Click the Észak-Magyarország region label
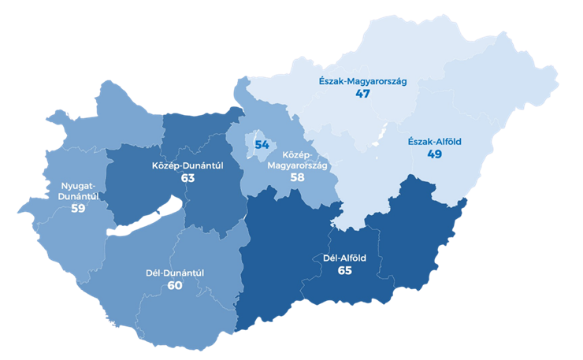click(362, 80)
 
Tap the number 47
click(363, 94)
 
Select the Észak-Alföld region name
click(434, 142)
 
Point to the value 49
click(434, 155)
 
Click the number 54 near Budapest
click(262, 145)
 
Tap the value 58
click(297, 178)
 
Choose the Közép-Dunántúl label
click(187, 166)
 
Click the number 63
click(188, 179)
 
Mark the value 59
click(77, 210)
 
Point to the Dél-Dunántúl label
click(175, 273)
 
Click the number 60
click(175, 285)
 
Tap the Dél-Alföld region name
click(344, 258)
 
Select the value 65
click(344, 271)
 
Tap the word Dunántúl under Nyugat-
click(77, 197)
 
